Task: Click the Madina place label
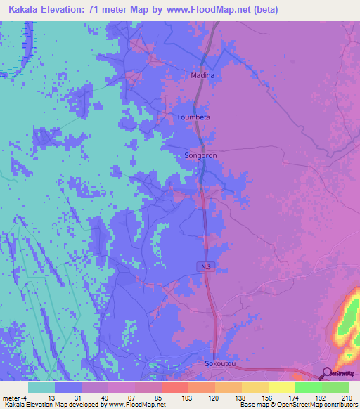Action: [202, 74]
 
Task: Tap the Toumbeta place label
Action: [193, 117]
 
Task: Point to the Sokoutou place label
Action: [217, 364]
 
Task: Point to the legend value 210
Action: [345, 398]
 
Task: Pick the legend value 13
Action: [51, 398]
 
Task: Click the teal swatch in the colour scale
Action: [41, 387]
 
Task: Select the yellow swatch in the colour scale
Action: [281, 387]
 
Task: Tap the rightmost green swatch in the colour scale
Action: [335, 387]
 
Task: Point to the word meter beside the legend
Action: [12, 398]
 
